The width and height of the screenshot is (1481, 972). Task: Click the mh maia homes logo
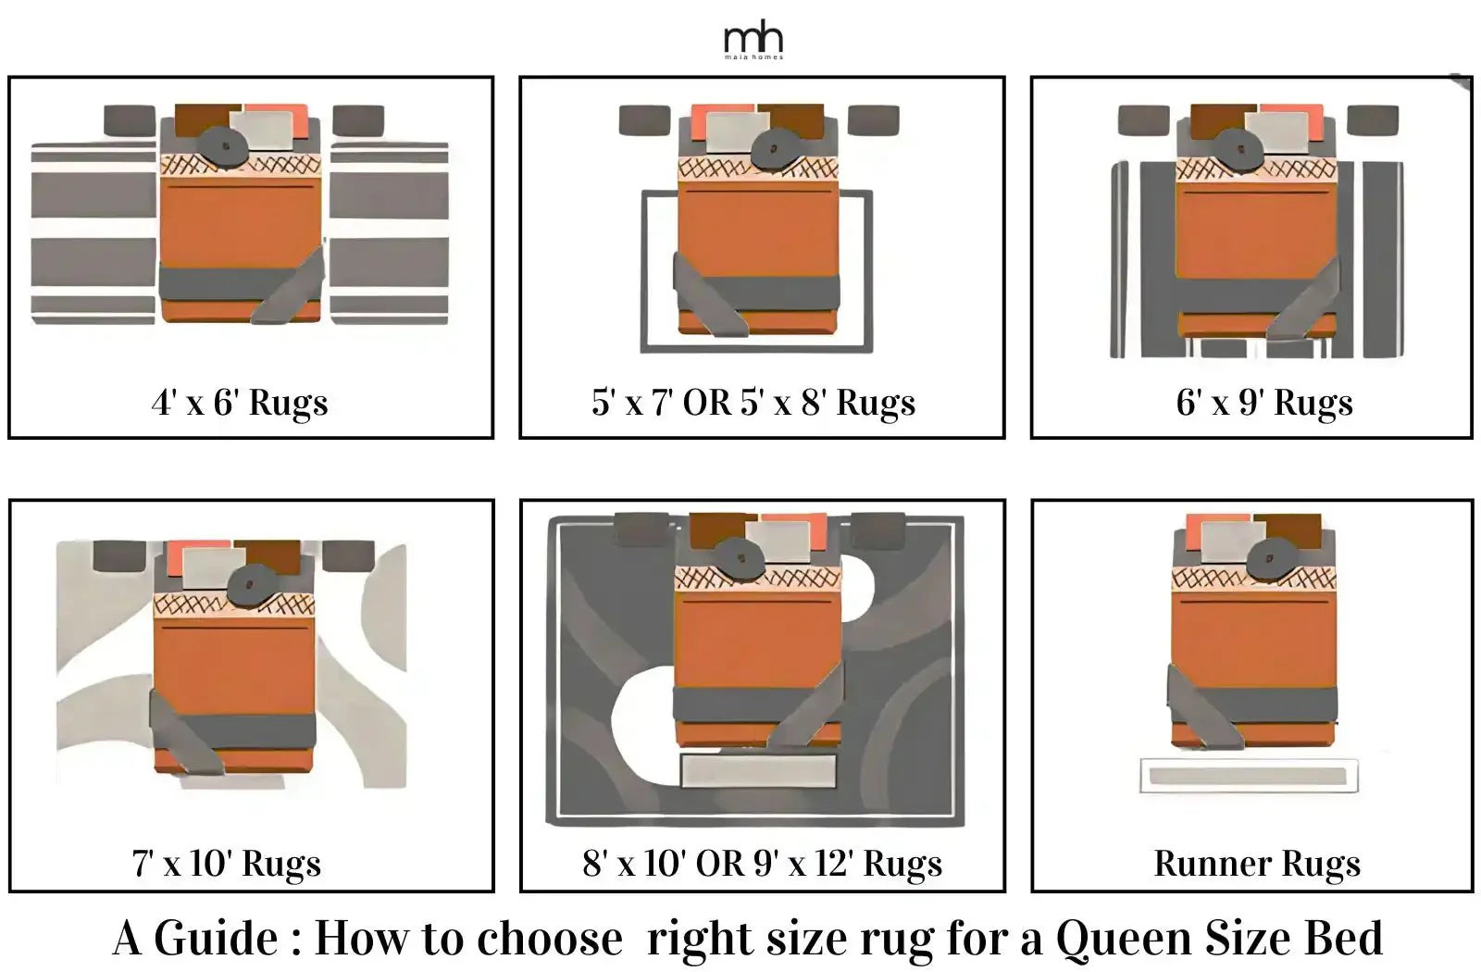coord(753,41)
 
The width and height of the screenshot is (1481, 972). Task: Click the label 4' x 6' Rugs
coord(240,403)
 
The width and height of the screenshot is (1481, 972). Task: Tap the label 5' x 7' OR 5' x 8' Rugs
coord(753,403)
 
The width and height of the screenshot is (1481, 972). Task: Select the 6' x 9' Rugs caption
coord(1264,403)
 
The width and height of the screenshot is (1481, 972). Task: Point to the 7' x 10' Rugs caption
coord(227,863)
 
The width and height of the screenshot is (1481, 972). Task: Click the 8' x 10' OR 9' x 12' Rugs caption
coord(762,863)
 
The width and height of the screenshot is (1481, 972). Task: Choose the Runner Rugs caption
coord(1257,863)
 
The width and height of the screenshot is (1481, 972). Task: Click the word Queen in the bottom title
coord(1121,938)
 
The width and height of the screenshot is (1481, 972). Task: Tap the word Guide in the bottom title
coord(215,938)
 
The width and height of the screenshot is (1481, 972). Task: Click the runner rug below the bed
coord(1248,776)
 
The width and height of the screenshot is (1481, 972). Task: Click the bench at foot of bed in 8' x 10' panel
coord(758,770)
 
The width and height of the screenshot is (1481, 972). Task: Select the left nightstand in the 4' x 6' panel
coord(130,120)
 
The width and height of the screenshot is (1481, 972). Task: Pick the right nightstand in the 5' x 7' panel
coord(873,119)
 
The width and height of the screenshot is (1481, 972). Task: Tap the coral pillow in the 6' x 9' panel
coord(1319,120)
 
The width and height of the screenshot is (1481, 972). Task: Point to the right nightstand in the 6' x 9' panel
coord(1372,120)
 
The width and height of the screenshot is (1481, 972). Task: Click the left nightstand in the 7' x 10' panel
coord(119,555)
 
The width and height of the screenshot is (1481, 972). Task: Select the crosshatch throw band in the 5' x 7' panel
coord(758,168)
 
